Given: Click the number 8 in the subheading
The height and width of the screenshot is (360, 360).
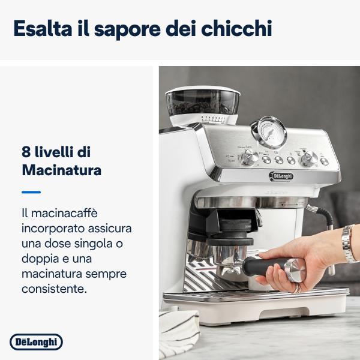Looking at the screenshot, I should (26, 152).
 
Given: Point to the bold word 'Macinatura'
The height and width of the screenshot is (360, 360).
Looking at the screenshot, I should (61, 170).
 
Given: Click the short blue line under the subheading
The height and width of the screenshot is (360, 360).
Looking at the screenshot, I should (31, 192).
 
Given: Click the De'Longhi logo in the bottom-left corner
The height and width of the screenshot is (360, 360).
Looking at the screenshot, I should (36, 342).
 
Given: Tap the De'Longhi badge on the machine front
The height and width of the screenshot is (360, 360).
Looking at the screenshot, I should (280, 176).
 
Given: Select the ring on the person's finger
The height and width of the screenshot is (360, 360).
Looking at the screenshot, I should (296, 287).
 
